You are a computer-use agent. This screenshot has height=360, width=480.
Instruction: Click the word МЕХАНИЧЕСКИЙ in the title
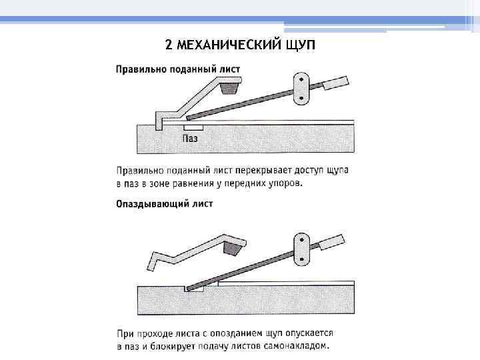[227, 45]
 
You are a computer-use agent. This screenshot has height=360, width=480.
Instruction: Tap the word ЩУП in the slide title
[299, 45]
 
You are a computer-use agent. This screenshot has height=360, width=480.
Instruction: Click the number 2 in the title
[169, 45]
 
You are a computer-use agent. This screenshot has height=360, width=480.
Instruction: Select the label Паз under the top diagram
[191, 139]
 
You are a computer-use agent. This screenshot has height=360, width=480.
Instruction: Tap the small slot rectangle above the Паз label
[193, 127]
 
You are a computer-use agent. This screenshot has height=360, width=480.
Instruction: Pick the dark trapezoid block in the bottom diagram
[233, 249]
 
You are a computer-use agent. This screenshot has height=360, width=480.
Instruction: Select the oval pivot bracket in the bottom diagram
[302, 249]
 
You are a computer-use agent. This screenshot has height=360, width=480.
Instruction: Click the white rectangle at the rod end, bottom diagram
[332, 243]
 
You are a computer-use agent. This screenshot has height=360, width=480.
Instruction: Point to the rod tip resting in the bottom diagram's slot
[193, 289]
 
